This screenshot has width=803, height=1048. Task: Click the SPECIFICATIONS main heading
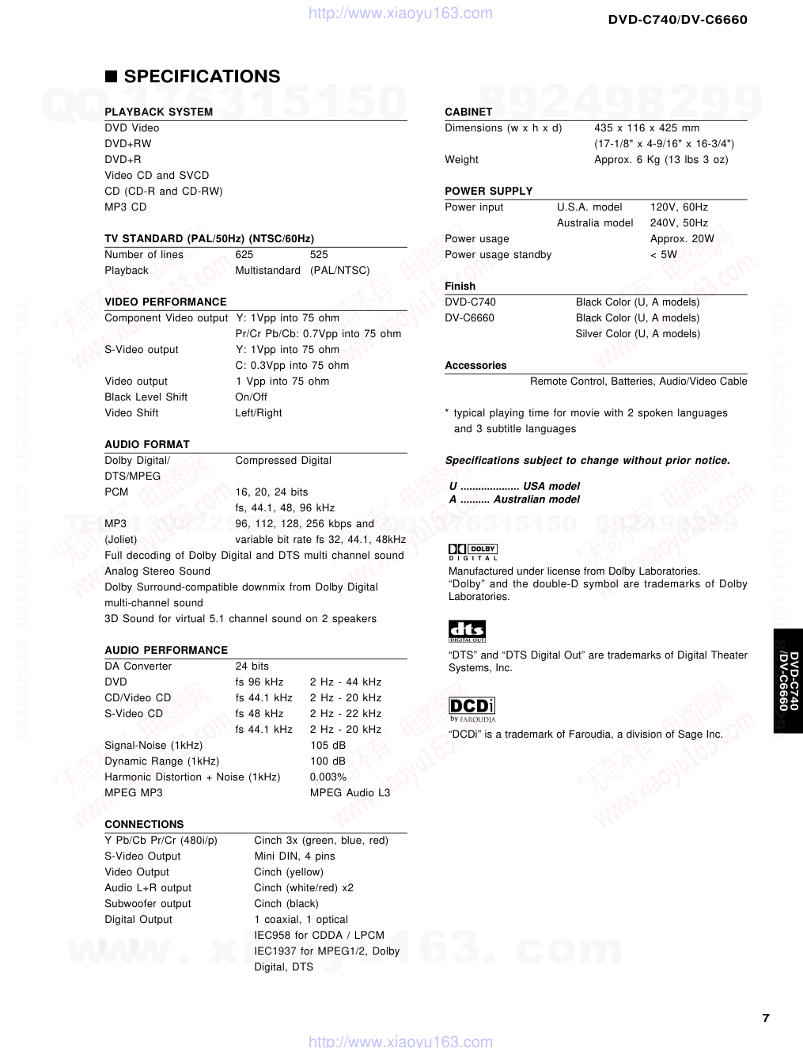202,77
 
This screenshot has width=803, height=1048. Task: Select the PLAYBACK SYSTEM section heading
158,112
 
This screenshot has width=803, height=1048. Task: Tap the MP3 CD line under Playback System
126,207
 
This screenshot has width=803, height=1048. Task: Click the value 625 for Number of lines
244,254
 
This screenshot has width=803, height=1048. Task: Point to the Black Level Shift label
146,397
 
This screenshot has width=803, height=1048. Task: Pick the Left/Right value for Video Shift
259,412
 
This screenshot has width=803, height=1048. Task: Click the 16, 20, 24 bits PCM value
271,492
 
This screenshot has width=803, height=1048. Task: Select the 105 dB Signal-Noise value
328,745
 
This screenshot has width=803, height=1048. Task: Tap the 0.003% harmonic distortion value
328,777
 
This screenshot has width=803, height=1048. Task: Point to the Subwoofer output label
148,903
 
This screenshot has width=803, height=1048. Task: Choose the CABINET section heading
468,112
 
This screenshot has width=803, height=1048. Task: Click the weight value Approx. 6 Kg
661,159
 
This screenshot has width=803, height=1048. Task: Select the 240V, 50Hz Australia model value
679,222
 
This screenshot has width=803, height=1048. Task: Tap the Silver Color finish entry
638,333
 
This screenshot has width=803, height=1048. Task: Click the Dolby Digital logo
473,552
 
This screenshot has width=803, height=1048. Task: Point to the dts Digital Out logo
467,631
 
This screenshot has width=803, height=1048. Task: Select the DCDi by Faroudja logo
472,709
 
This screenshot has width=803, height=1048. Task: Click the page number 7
765,1018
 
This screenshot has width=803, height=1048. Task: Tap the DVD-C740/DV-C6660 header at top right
677,19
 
